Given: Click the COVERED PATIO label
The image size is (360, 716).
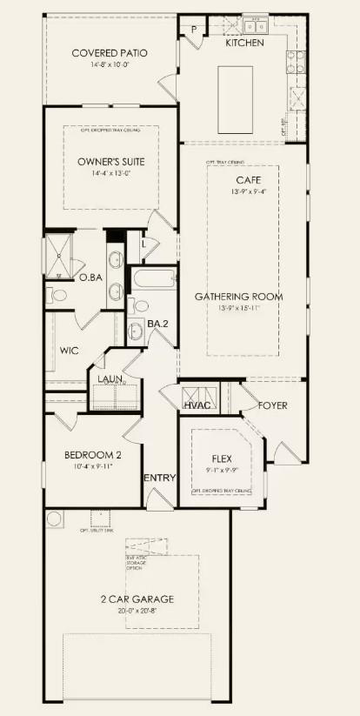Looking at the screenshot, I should pos(109,53).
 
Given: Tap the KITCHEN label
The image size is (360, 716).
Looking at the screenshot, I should pos(244,43).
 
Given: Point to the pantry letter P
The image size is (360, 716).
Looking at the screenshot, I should pos(194,30).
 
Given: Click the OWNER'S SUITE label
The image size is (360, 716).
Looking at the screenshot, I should pos(110,162).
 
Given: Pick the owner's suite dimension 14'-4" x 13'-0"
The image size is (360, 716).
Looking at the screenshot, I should pos(110,173).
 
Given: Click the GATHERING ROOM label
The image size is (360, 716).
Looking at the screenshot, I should pos(250,297).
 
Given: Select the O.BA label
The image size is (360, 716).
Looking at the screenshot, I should pos(92,278).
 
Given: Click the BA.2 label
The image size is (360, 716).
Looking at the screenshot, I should pos(157,324).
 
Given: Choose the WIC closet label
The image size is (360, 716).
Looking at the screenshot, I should pos(70,351).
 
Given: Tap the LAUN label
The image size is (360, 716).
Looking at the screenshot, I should pos(109,379).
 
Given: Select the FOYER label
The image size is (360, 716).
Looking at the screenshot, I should pos(272,406).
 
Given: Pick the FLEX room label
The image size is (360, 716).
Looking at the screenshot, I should pos(220,458).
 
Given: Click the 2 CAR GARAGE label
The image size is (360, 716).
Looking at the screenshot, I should pos(136,599).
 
